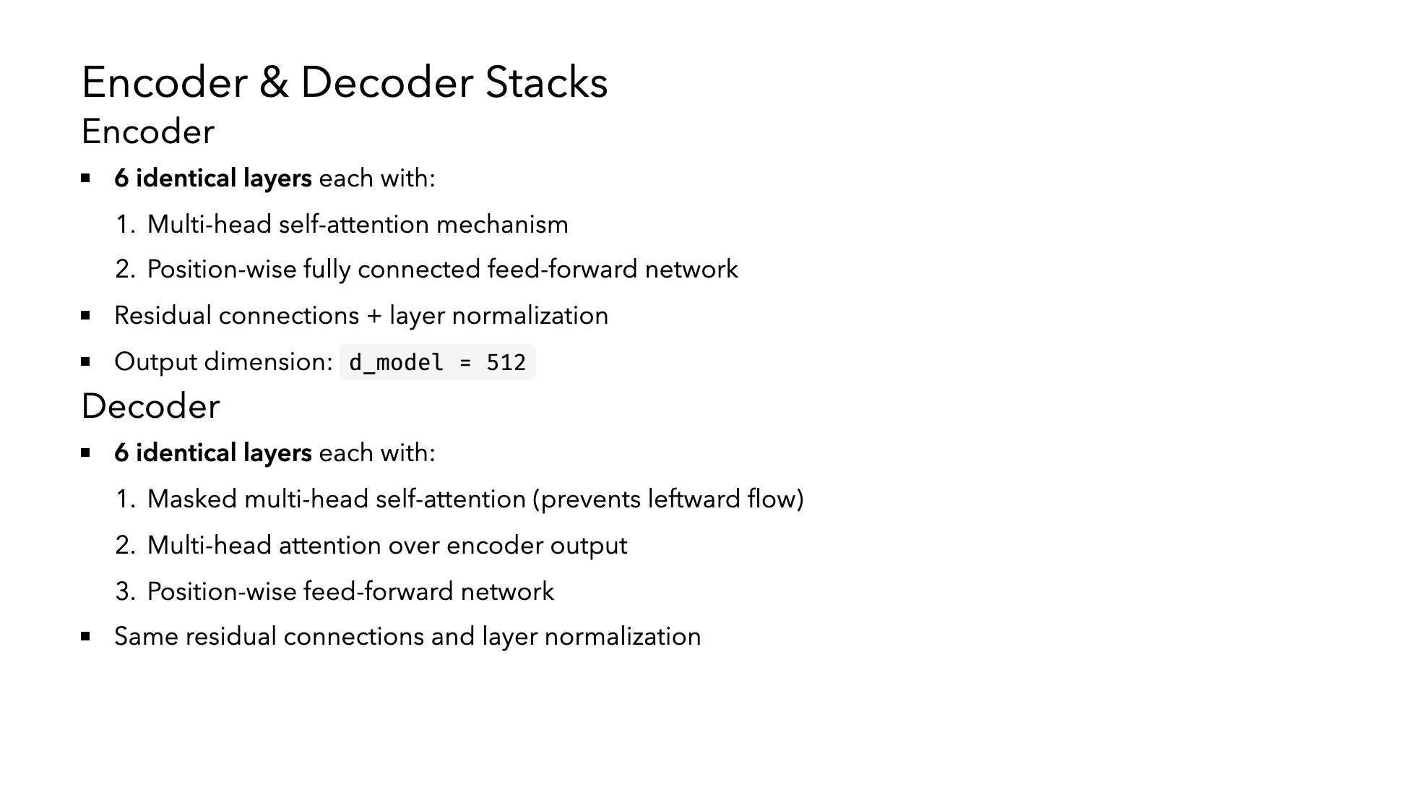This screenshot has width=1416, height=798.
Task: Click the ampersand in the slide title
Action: point(274,82)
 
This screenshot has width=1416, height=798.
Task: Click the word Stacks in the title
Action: point(546,82)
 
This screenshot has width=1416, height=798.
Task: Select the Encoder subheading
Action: point(148,132)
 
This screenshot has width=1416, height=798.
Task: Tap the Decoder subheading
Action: point(150,406)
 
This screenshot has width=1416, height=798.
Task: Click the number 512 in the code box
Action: point(506,362)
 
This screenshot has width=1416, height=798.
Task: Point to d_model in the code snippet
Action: point(396,362)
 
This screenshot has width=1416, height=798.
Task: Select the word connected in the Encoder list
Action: point(419,269)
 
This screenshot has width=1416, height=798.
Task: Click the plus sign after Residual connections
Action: point(374,316)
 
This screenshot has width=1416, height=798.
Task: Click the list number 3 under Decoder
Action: point(124,592)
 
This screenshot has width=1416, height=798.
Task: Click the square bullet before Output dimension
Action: point(86,361)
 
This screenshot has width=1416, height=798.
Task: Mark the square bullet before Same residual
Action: point(86,636)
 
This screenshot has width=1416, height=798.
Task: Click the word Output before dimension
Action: point(156,361)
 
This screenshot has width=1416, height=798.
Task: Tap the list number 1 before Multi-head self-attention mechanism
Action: point(122,225)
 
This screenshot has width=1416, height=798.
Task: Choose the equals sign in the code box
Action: point(465,362)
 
